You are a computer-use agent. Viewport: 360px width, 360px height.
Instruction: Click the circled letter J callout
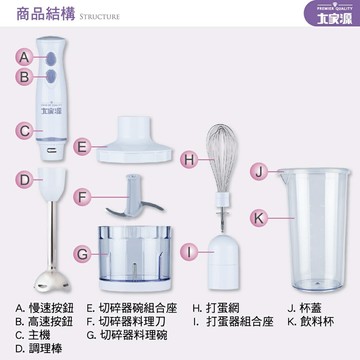(257, 172)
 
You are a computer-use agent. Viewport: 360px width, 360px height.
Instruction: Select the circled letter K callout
(257, 215)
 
